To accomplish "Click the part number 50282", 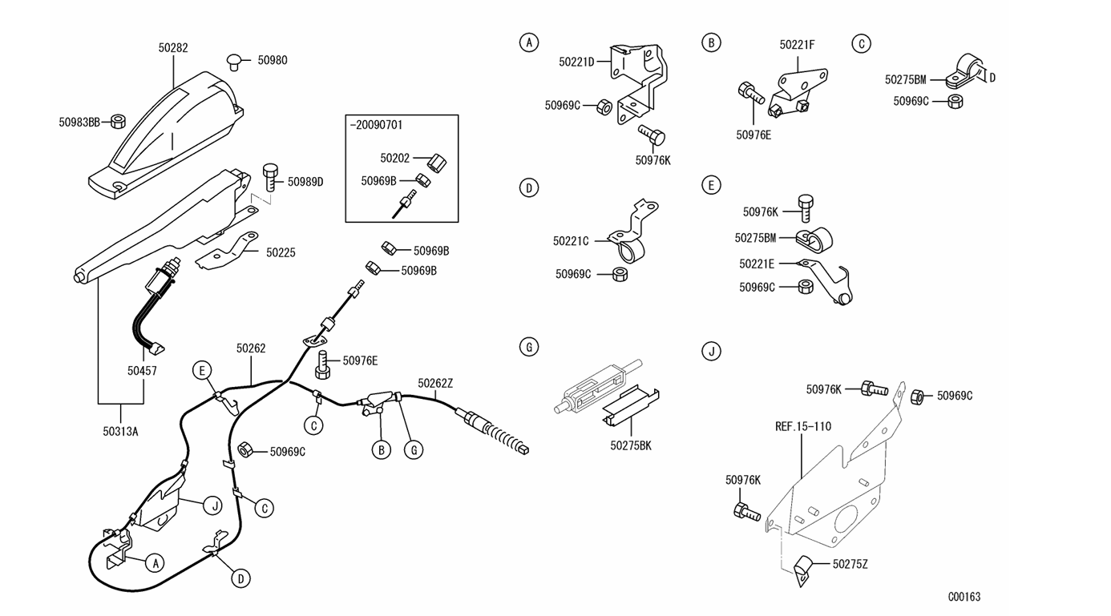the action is pyautogui.click(x=173, y=48).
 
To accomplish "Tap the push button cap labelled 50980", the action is pyautogui.click(x=233, y=62).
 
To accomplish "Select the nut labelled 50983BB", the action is pyautogui.click(x=118, y=122).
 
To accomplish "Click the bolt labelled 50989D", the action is pyautogui.click(x=270, y=177).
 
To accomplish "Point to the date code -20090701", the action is pyautogui.click(x=377, y=125).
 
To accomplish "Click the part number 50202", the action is pyautogui.click(x=395, y=158).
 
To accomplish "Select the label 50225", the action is pyautogui.click(x=281, y=253).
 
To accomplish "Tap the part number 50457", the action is pyautogui.click(x=142, y=371).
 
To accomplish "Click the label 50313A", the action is pyautogui.click(x=120, y=432).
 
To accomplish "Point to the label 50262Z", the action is pyautogui.click(x=435, y=384).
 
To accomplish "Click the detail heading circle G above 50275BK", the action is pyautogui.click(x=529, y=347).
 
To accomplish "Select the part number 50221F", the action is pyautogui.click(x=797, y=45).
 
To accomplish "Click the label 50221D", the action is pyautogui.click(x=576, y=62).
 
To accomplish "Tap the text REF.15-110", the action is pyautogui.click(x=803, y=427).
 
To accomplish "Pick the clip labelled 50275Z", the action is pyautogui.click(x=803, y=570).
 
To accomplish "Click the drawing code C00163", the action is pyautogui.click(x=964, y=597).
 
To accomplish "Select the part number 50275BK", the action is pyautogui.click(x=631, y=446).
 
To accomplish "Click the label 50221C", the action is pyautogui.click(x=571, y=241).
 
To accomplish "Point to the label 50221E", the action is pyautogui.click(x=757, y=264).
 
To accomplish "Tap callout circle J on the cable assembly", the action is pyautogui.click(x=213, y=506).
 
